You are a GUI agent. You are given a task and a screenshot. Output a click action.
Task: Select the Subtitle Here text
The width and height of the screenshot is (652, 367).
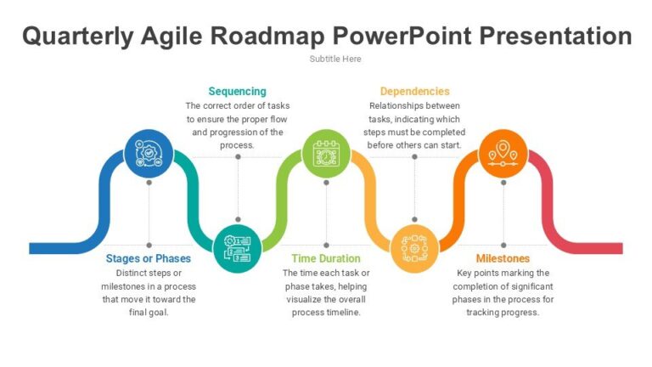tap(334, 59)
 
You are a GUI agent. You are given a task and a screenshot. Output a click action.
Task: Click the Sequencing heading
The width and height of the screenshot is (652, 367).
tap(237, 91)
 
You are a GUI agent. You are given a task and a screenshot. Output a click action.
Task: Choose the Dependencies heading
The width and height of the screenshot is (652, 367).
tap(414, 91)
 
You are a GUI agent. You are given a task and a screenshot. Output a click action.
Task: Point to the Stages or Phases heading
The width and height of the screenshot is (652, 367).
tap(149, 258)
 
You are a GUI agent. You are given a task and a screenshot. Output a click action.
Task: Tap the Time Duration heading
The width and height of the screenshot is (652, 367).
tap(326, 258)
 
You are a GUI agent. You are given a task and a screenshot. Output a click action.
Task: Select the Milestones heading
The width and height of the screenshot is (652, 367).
tap(503, 258)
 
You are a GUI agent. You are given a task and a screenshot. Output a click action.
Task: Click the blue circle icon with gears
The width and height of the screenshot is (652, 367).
tap(149, 154)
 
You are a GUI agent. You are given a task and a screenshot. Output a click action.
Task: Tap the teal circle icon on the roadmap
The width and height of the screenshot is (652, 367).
tap(237, 248)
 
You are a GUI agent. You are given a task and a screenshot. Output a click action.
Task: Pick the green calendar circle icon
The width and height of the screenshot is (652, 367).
tap(326, 154)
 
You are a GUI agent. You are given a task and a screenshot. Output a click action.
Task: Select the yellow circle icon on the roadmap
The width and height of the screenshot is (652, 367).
tap(414, 248)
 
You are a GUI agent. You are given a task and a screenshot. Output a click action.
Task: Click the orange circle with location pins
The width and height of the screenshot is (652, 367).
tap(503, 154)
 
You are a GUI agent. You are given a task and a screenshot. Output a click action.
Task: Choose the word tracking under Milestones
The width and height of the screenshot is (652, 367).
tap(484, 312)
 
